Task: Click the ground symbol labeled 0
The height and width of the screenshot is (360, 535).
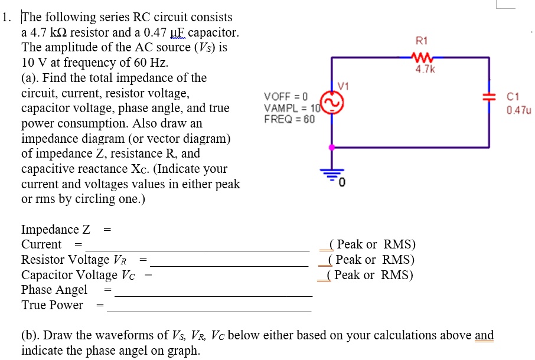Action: pyautogui.click(x=331, y=173)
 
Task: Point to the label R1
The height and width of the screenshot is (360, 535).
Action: pyautogui.click(x=422, y=41)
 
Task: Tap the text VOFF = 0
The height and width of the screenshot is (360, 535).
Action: pyautogui.click(x=286, y=97)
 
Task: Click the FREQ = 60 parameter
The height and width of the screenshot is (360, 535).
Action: pyautogui.click(x=289, y=119)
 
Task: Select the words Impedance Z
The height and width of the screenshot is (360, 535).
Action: pyautogui.click(x=56, y=230)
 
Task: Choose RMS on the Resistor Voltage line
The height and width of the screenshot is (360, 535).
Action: pyautogui.click(x=398, y=260)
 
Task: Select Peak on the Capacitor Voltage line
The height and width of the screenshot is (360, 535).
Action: pyautogui.click(x=348, y=275)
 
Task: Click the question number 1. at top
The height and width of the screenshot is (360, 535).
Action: pyautogui.click(x=7, y=17)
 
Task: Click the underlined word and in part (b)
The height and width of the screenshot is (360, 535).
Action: pyautogui.click(x=484, y=335)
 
